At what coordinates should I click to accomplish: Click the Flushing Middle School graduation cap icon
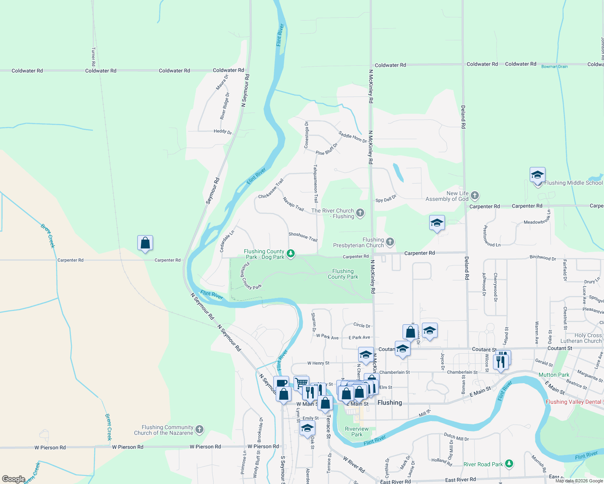pos(537,175)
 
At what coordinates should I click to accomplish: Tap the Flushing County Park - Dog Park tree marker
pos(290,254)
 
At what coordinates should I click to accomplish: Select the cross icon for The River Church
pos(360,213)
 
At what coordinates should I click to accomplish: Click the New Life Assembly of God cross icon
pos(475,196)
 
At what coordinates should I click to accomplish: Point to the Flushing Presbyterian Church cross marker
pos(390,242)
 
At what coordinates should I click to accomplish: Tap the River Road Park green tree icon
pos(509,464)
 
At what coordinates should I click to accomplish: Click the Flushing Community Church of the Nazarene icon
pos(199,430)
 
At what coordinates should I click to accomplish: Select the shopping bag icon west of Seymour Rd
pos(145,243)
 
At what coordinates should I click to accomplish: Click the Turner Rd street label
pos(93,57)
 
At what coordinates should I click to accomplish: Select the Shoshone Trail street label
pos(303,237)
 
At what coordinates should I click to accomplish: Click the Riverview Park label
pos(357,432)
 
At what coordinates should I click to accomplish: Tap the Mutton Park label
pos(554,375)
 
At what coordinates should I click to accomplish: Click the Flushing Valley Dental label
pos(573,402)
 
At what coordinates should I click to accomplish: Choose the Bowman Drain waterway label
pos(554,67)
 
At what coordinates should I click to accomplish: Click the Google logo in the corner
pos(13,479)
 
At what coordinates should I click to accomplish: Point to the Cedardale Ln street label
pos(227,242)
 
